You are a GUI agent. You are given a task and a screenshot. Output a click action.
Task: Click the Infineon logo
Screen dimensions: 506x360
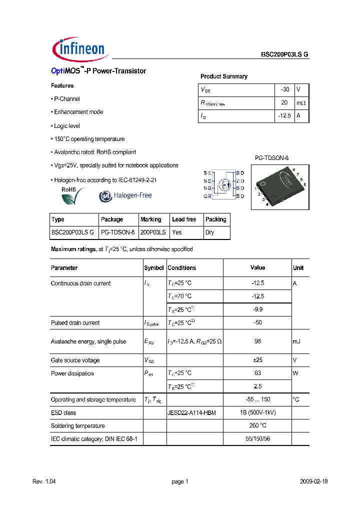pyautogui.click(x=79, y=48)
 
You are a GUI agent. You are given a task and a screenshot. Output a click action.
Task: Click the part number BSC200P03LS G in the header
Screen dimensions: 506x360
pyautogui.click(x=285, y=55)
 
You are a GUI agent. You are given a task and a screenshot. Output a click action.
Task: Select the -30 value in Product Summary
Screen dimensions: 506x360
pyautogui.click(x=285, y=89)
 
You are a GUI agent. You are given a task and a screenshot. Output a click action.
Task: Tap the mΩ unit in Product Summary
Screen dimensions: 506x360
pyautogui.click(x=301, y=102)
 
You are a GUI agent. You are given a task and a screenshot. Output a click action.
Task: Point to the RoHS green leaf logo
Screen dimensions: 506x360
pyautogui.click(x=73, y=196)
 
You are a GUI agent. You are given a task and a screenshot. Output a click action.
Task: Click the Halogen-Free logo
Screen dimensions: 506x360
pyautogui.click(x=125, y=195)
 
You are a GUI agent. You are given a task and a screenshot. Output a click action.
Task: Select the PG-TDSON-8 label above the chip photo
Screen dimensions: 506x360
pyautogui.click(x=271, y=158)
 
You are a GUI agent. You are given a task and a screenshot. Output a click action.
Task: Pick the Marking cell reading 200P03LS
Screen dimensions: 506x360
pyautogui.click(x=153, y=232)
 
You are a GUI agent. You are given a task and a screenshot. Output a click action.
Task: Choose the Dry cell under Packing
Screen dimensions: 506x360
pyautogui.click(x=210, y=232)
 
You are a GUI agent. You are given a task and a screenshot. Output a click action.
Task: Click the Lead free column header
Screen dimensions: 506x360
pyautogui.click(x=184, y=219)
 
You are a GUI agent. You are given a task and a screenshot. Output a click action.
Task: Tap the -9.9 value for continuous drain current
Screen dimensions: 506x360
pyautogui.click(x=257, y=309)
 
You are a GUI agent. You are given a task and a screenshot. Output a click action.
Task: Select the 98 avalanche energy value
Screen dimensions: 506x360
pyautogui.click(x=257, y=341)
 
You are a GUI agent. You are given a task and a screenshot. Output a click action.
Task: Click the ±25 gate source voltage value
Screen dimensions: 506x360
pyautogui.click(x=257, y=360)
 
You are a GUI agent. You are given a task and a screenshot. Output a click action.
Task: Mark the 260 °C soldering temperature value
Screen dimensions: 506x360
pyautogui.click(x=257, y=426)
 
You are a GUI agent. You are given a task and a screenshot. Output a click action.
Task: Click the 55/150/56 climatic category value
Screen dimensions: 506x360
pyautogui.click(x=257, y=439)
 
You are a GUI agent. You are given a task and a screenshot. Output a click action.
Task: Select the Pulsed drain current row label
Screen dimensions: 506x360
pyautogui.click(x=75, y=323)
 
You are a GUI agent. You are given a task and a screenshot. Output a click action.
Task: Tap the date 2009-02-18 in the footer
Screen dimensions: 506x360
pyautogui.click(x=313, y=481)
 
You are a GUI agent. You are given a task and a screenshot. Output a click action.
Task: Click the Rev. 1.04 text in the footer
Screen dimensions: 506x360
pyautogui.click(x=45, y=481)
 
